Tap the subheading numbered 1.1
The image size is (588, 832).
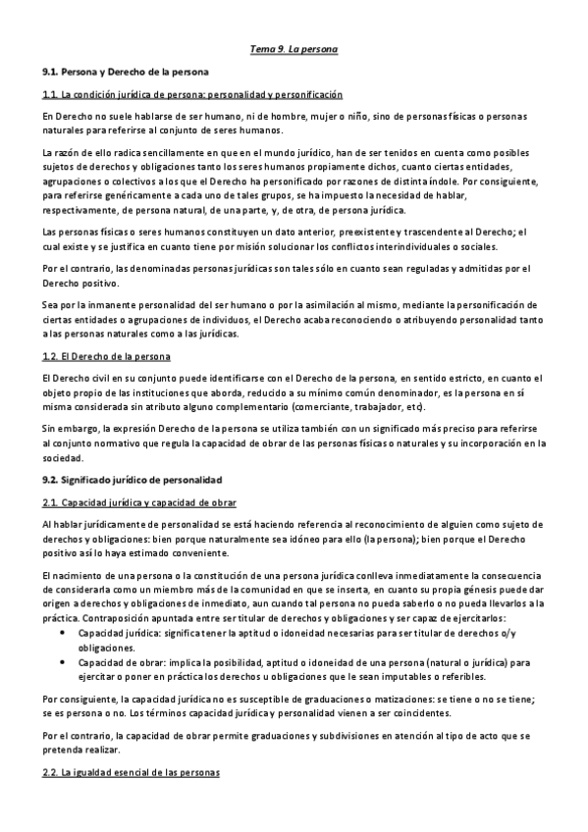coord(191,94)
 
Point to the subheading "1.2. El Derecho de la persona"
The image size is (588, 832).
coord(106,356)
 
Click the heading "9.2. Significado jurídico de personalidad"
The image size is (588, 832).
coord(132,480)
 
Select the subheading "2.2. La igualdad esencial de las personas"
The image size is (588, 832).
coord(132,773)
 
